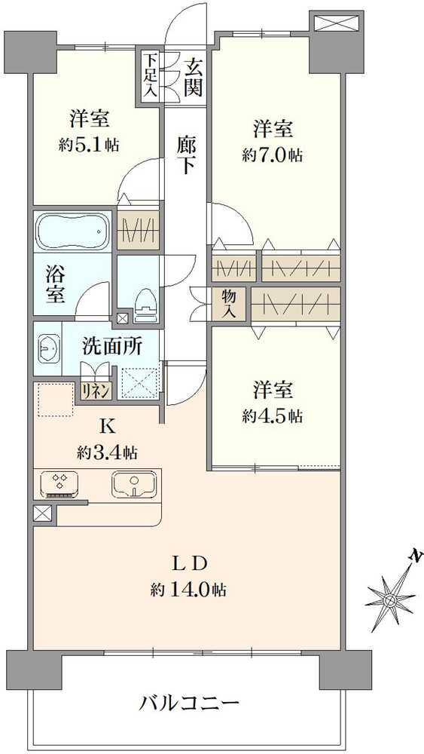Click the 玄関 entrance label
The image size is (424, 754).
point(193,76)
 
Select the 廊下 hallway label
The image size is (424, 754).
point(186,154)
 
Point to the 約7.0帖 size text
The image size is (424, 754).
point(272,155)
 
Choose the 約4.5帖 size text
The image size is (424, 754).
point(272,415)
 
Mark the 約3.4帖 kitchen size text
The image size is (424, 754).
point(106,452)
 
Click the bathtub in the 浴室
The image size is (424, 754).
point(72,231)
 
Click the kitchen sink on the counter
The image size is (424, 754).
point(135,483)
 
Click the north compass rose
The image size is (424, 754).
point(392,600)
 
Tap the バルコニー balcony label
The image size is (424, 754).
point(189,704)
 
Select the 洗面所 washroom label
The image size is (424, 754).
point(112,348)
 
